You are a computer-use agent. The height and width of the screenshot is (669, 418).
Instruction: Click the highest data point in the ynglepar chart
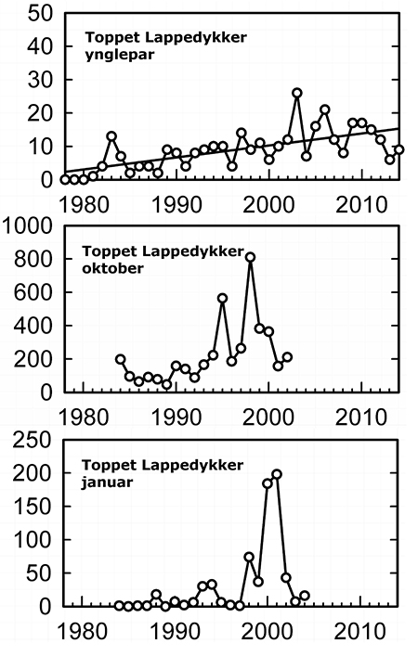[x=297, y=93]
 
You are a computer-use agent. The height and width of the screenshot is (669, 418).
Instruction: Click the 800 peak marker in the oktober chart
[x=251, y=257]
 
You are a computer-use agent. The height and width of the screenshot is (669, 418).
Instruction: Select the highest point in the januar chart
[x=277, y=474]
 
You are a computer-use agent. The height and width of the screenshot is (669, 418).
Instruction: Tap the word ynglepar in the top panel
[x=120, y=56]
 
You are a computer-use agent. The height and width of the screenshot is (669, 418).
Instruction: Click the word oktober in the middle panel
[x=112, y=268]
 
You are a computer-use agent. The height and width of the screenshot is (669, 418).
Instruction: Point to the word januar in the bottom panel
[x=107, y=482]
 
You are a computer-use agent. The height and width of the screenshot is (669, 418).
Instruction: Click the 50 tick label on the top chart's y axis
[x=41, y=14]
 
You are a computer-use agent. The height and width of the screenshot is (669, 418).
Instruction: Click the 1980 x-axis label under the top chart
[x=84, y=204]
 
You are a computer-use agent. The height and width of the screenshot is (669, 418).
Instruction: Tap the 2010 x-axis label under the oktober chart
[x=360, y=417]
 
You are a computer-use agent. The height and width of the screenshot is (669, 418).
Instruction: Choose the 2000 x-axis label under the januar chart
[x=268, y=631]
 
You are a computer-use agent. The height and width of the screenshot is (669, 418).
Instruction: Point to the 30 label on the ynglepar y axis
[x=41, y=80]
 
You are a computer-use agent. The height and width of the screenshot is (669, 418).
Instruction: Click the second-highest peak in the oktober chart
[x=222, y=298]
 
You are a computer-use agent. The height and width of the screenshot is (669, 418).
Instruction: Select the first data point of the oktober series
[x=121, y=359]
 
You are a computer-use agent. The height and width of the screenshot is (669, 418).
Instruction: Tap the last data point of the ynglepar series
[x=399, y=149]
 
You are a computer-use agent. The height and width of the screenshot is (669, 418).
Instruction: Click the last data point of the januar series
[x=305, y=596]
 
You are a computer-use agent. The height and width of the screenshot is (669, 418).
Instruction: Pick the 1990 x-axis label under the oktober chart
[x=176, y=417]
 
